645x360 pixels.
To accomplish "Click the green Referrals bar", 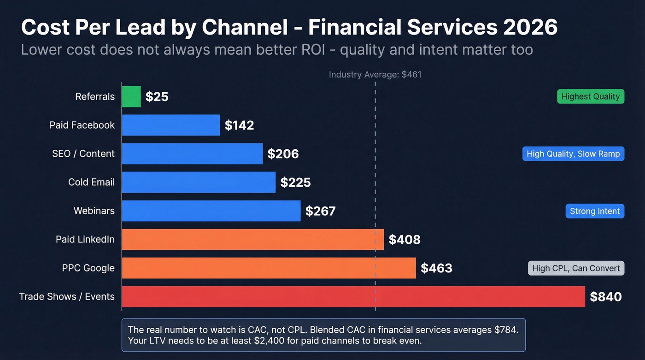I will pos(131,96).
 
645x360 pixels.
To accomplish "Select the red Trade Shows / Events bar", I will pos(353,296).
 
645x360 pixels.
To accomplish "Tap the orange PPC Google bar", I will pos(269,268).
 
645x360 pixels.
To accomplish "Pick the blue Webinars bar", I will pos(211,211).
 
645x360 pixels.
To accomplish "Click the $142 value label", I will pos(239,125).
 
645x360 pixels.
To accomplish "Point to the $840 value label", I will pos(606,297).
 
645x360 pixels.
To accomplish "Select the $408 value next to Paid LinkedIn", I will pos(405,240).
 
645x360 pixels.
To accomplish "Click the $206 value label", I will pos(283,154).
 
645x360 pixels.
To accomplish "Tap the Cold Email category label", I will pos(91,182).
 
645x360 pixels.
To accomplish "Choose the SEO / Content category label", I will pos(83,153).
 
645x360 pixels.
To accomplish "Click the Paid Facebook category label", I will pos(82,125).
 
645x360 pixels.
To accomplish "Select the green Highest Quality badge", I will pos(590,96).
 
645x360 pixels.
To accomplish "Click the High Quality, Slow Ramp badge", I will pos(573,153).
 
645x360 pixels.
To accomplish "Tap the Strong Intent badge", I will pos(594,211).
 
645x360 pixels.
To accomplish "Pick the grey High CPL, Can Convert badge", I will pos(576,268).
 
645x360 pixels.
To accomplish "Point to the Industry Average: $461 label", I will pos(375,75).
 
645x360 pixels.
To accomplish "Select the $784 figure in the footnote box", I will pos(507,330).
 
